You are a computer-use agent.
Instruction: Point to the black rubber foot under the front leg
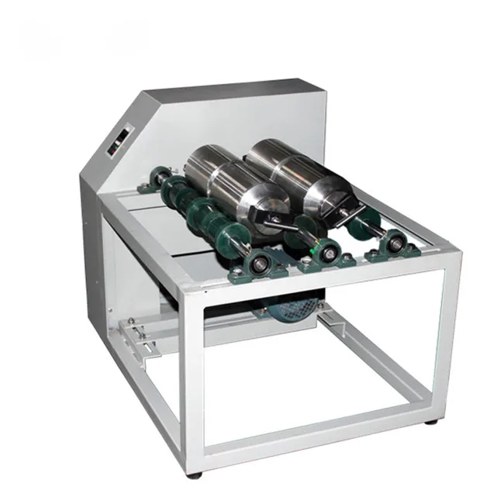[x=195, y=474]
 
